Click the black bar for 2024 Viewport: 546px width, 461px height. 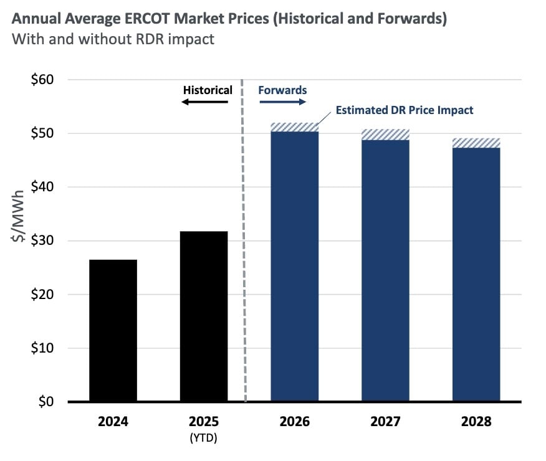coord(113,330)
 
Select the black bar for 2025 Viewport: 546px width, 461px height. coord(204,316)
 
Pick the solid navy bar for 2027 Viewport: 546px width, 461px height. coord(385,270)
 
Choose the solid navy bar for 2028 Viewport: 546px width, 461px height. coord(476,274)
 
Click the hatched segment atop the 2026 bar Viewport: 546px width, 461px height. coord(294,127)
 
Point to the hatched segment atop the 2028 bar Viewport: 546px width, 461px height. coord(476,143)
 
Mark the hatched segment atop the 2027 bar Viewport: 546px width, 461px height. coord(385,135)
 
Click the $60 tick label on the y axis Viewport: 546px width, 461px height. coord(42,80)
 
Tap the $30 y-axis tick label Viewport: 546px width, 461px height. coord(42,240)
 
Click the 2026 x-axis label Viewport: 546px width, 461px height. coord(294,422)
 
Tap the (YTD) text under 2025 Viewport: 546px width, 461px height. coord(204,438)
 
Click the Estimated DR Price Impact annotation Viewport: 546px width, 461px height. coord(405,110)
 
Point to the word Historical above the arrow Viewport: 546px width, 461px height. coord(207,90)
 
